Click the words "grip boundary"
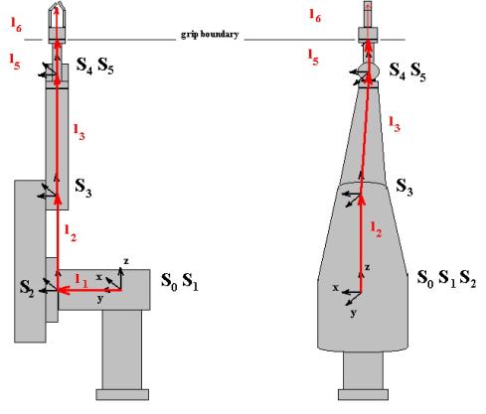click(210, 35)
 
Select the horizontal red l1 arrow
click(89, 290)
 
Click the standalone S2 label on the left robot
click(27, 288)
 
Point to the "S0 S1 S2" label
click(446, 279)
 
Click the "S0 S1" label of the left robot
click(180, 282)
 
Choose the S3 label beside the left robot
click(83, 188)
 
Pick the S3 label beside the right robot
click(405, 188)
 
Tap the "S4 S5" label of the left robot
click(95, 66)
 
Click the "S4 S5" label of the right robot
click(407, 71)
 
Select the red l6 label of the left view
click(16, 25)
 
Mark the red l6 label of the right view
click(315, 16)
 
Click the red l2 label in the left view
click(71, 233)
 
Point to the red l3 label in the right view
click(395, 124)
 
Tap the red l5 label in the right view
click(313, 57)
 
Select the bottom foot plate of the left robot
click(122, 395)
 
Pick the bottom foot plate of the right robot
click(363, 395)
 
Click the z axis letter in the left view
click(126, 261)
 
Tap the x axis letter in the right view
click(336, 288)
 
